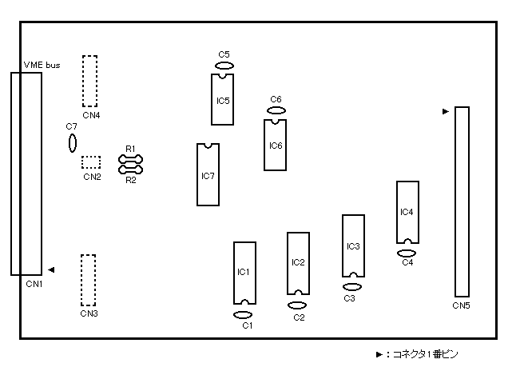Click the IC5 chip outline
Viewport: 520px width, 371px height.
(x=212, y=100)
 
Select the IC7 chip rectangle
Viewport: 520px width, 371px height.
(x=197, y=175)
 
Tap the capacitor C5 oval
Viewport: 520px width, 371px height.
(x=224, y=66)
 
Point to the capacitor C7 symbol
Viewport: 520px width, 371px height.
(x=73, y=143)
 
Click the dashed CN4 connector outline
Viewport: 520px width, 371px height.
(x=83, y=82)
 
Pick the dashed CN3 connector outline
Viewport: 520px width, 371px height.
(x=81, y=281)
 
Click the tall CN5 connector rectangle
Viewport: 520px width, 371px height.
(x=455, y=201)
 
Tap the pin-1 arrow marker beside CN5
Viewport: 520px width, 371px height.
(x=446, y=111)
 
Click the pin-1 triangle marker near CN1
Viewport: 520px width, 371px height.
(x=51, y=269)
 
